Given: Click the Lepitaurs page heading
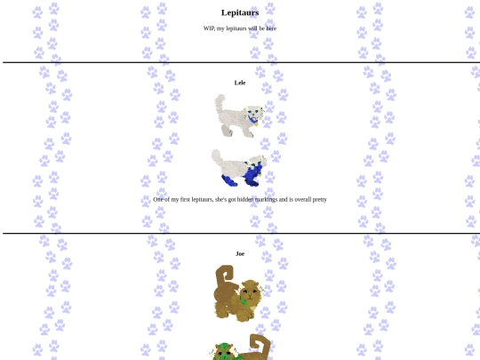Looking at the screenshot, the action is coord(240,12).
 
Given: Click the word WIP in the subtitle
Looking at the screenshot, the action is coord(209,28).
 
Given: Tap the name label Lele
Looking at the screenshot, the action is coord(240,83).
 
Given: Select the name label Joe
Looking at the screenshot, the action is coord(240,253).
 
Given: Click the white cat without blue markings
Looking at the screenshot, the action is coord(239,116).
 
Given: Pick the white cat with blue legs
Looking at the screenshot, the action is coord(239,168).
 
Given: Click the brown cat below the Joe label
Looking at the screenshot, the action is coord(238,293).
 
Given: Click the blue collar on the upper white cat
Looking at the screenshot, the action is coord(252,121).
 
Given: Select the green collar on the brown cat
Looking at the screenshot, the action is coord(244,301).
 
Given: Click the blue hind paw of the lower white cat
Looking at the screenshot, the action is coord(229,180).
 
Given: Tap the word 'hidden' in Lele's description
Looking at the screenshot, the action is coord(245,200).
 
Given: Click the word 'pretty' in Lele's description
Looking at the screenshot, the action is coord(319,200).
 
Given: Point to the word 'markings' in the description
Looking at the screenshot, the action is coord(266,200).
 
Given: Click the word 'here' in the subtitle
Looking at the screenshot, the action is coord(271,28).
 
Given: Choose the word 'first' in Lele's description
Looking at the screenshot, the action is coord(185,200).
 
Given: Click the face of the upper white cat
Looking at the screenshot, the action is coord(255,113).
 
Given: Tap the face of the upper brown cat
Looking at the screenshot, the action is coord(251,292).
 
